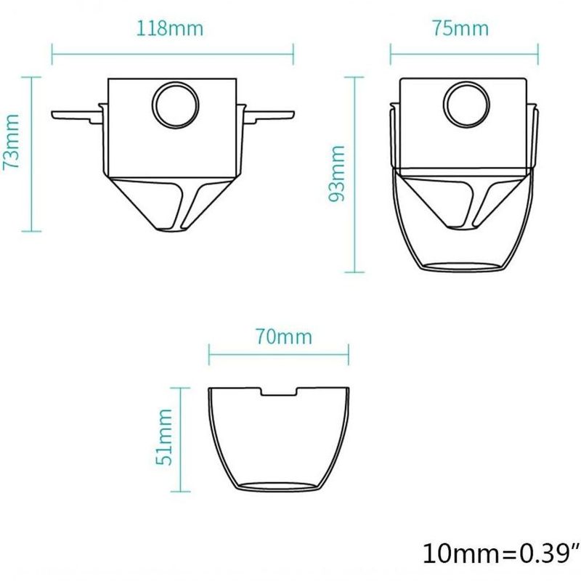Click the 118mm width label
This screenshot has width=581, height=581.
pyautogui.click(x=170, y=29)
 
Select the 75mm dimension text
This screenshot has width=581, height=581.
pyautogui.click(x=460, y=29)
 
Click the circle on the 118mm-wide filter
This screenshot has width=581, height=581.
pyautogui.click(x=174, y=105)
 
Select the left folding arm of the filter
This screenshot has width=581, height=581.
pyautogui.click(x=76, y=113)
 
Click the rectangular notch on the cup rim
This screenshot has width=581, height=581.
pyautogui.click(x=280, y=393)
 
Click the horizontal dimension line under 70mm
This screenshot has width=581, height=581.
pyautogui.click(x=279, y=357)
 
